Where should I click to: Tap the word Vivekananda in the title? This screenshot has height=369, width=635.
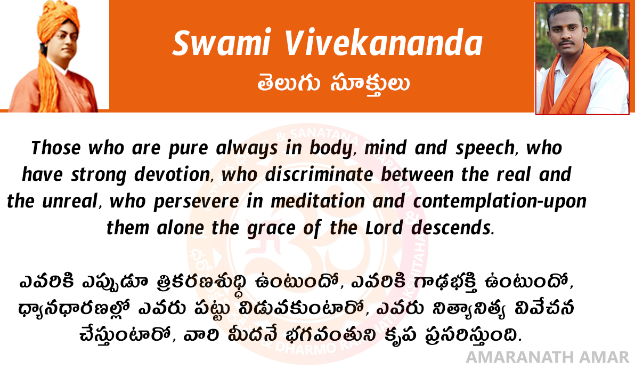click(x=384, y=43)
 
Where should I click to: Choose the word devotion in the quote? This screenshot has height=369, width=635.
click(x=172, y=175)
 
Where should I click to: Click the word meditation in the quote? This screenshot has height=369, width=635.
click(x=318, y=202)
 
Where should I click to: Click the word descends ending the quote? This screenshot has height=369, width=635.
click(x=452, y=228)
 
